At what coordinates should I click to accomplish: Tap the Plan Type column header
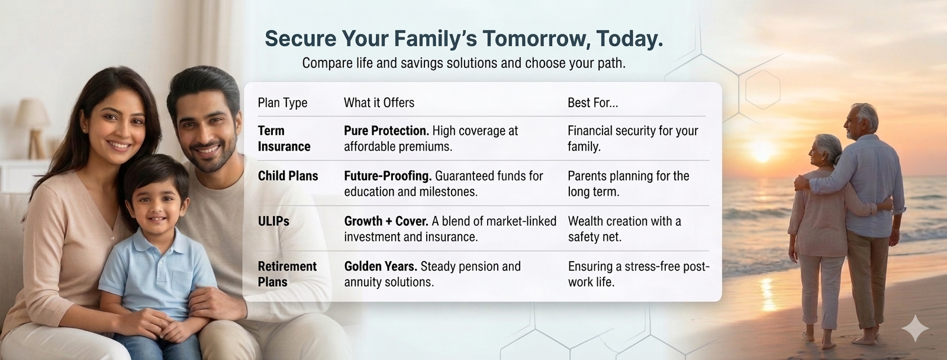(282, 103)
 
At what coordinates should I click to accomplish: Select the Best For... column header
(592, 102)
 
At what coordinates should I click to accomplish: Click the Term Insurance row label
(284, 139)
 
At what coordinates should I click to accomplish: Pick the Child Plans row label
(288, 176)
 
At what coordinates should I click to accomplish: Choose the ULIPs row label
(273, 221)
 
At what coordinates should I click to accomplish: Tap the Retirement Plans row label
(287, 274)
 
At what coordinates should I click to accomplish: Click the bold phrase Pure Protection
(386, 131)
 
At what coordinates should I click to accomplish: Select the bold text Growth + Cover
(386, 221)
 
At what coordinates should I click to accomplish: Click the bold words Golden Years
(381, 266)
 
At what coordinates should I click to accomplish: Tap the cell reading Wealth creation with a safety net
(624, 229)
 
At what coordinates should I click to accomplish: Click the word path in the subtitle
(612, 63)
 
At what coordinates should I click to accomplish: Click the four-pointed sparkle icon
(915, 328)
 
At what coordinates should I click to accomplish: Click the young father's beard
(211, 156)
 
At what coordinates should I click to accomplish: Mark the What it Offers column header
(379, 102)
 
